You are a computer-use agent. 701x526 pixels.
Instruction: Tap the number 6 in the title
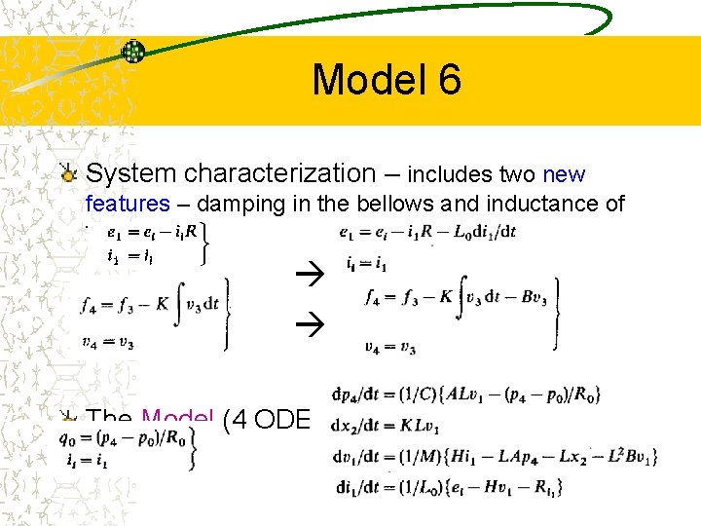point(448,80)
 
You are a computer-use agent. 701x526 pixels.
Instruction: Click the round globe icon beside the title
point(133,52)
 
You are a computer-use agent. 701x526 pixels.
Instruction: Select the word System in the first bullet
point(131,174)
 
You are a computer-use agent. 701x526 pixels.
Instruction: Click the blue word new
point(564,176)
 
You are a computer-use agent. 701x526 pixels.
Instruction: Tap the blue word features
point(128,205)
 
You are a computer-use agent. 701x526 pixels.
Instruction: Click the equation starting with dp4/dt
point(466,394)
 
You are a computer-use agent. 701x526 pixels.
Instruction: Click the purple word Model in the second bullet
point(177,419)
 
